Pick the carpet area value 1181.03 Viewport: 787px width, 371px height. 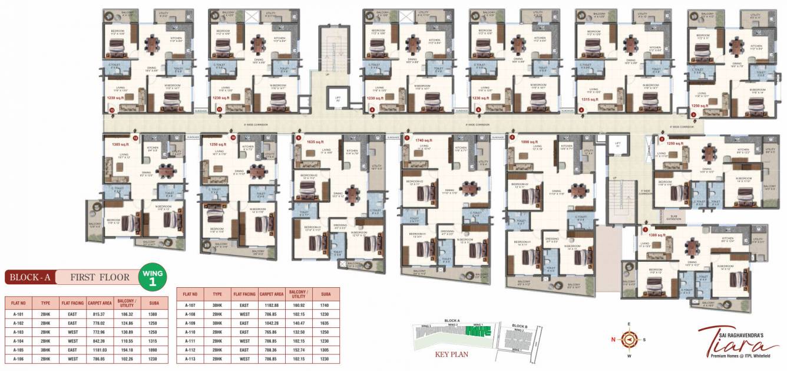pos(97,349)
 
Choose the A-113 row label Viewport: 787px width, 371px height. pos(190,358)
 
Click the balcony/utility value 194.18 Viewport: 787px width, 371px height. pos(126,349)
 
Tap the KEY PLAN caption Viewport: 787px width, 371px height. pos(451,355)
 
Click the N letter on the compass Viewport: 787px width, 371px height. pos(614,339)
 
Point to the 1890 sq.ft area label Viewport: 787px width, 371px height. pos(530,142)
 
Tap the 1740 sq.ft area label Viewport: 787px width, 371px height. pos(424,141)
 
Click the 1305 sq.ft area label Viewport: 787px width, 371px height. pos(120,143)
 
